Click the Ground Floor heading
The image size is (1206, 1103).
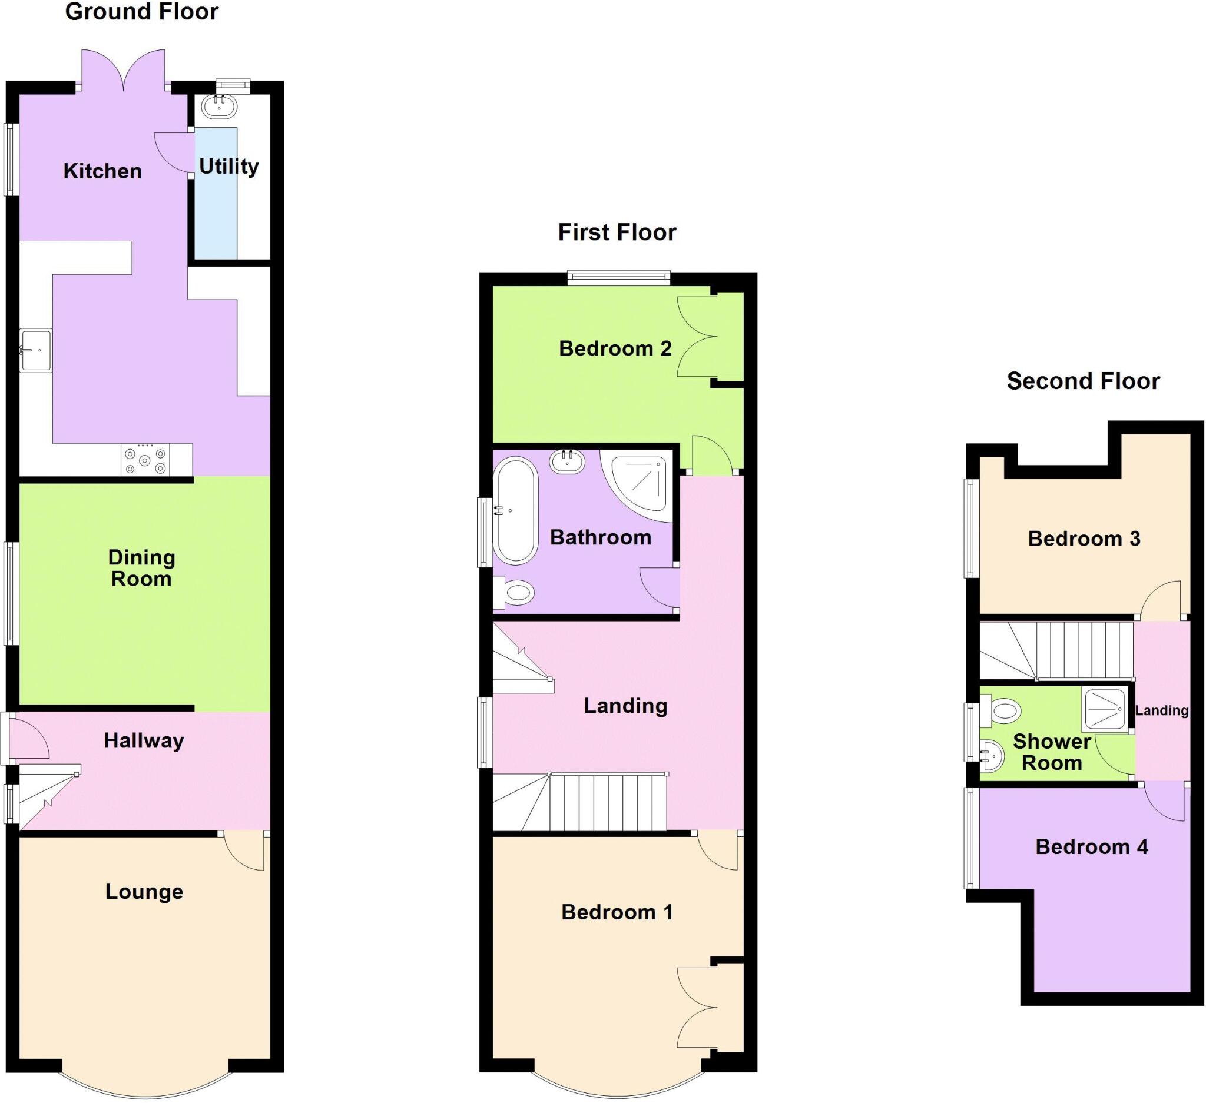click(x=142, y=12)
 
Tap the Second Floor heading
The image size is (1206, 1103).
click(x=1083, y=381)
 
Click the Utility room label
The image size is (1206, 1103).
click(x=228, y=167)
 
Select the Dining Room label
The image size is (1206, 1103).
click(x=142, y=568)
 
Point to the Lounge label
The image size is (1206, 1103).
click(x=144, y=892)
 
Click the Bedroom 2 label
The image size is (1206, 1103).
click(x=615, y=348)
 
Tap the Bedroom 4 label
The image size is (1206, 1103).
click(x=1091, y=847)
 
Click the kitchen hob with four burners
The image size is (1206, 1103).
click(x=144, y=460)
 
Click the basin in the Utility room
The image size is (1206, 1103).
click(x=219, y=107)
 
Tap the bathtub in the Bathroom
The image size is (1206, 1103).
click(x=516, y=511)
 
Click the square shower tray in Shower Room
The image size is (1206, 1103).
click(x=1104, y=709)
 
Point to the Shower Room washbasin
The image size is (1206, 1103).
click(x=993, y=755)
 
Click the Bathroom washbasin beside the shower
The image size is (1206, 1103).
click(x=567, y=461)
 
